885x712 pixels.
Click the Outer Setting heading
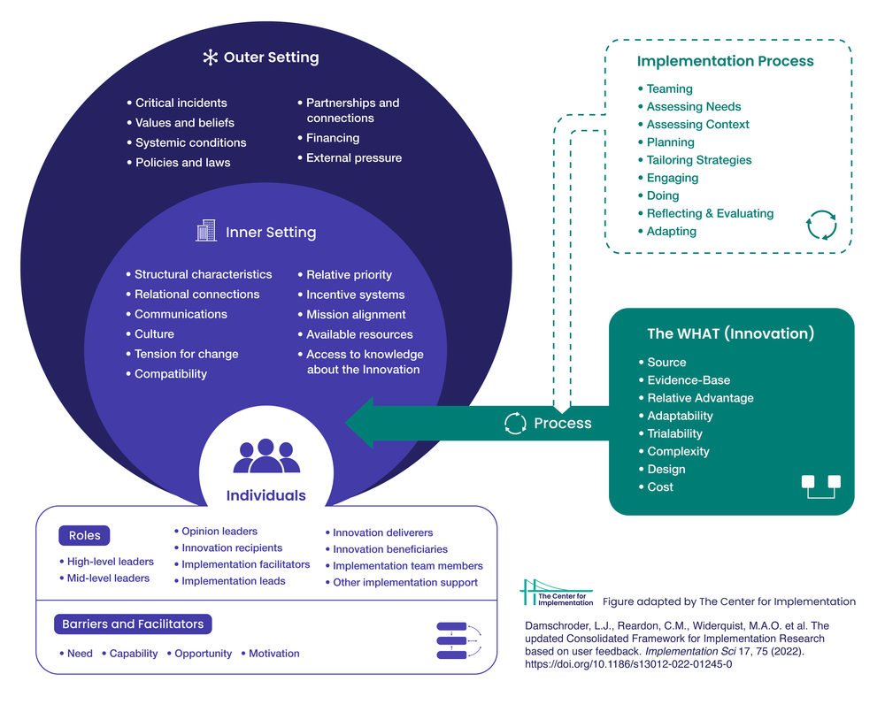pyautogui.click(x=271, y=57)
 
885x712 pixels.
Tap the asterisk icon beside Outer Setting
pyautogui.click(x=211, y=57)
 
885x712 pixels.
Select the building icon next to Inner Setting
pyautogui.click(x=206, y=232)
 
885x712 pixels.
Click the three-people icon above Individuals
pyautogui.click(x=265, y=456)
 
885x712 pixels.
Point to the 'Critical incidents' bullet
pyautogui.click(x=181, y=103)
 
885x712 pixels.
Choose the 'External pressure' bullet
pyautogui.click(x=353, y=157)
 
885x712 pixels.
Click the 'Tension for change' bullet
pyautogui.click(x=186, y=354)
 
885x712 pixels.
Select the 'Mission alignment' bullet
pyautogui.click(x=356, y=314)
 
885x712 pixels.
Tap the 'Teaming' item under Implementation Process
pyautogui.click(x=669, y=88)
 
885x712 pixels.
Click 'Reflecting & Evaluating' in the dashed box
pyautogui.click(x=710, y=213)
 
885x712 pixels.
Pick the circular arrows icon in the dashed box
pyautogui.click(x=821, y=225)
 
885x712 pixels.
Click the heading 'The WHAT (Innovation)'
pyautogui.click(x=731, y=333)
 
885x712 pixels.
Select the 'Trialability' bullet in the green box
pyautogui.click(x=674, y=433)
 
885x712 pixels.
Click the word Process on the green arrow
pyautogui.click(x=563, y=423)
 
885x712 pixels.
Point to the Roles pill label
pyautogui.click(x=84, y=535)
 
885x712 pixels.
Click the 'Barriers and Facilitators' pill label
pyautogui.click(x=133, y=624)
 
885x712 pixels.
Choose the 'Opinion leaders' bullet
pyautogui.click(x=219, y=532)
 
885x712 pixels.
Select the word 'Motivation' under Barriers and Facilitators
pyautogui.click(x=274, y=654)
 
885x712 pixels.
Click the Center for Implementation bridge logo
pyautogui.click(x=557, y=593)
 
